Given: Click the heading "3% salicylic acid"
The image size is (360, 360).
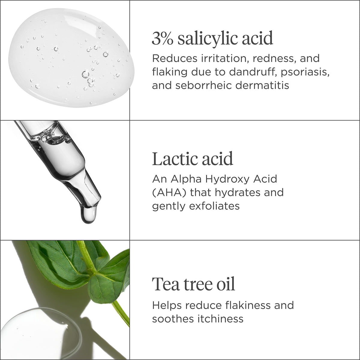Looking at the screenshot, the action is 212,38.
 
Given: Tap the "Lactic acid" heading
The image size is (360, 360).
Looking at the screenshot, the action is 193,159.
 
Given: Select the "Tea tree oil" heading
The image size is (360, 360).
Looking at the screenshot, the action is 193,284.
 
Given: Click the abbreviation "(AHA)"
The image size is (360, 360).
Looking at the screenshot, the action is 169,193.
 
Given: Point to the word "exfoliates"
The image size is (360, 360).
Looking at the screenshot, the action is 214,206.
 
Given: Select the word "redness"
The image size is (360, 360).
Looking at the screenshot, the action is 274,59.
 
